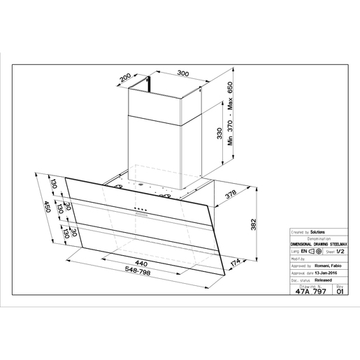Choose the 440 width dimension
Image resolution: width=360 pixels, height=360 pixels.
click(140, 262)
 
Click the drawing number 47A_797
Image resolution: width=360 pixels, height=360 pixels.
click(310, 293)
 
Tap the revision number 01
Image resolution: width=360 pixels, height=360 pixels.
click(340, 293)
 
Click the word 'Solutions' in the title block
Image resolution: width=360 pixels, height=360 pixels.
click(317, 231)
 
